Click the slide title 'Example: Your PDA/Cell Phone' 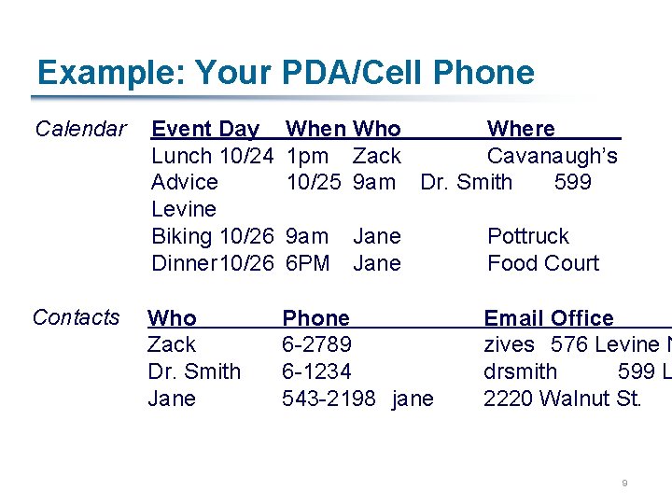(286, 73)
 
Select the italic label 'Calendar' (80, 129)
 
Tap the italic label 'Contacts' (76, 317)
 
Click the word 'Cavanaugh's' (552, 156)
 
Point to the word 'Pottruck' (527, 237)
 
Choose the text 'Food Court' (542, 263)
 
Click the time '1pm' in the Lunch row (307, 156)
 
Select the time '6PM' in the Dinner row (307, 263)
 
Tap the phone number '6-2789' (316, 345)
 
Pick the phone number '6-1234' (316, 371)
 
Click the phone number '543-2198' (329, 399)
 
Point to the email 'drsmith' (520, 371)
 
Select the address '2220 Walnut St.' (562, 399)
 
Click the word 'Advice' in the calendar (185, 182)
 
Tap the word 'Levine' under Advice (184, 209)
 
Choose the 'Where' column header (521, 129)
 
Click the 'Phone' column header (315, 318)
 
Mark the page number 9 (624, 483)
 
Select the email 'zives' (509, 345)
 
